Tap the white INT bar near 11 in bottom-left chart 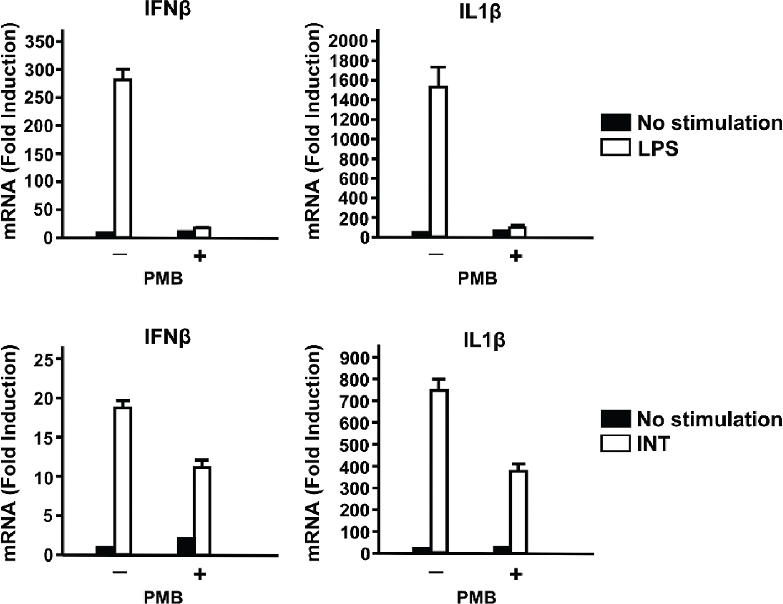click(201, 510)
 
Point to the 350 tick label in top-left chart click(40, 42)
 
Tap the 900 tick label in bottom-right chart click(356, 358)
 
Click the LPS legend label click(658, 148)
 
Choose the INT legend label click(653, 444)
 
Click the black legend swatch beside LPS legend click(615, 122)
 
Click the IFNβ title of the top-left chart click(167, 9)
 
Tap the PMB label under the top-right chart click(477, 279)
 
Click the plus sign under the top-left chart click(200, 256)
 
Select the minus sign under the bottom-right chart click(436, 573)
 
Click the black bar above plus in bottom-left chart click(186, 546)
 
